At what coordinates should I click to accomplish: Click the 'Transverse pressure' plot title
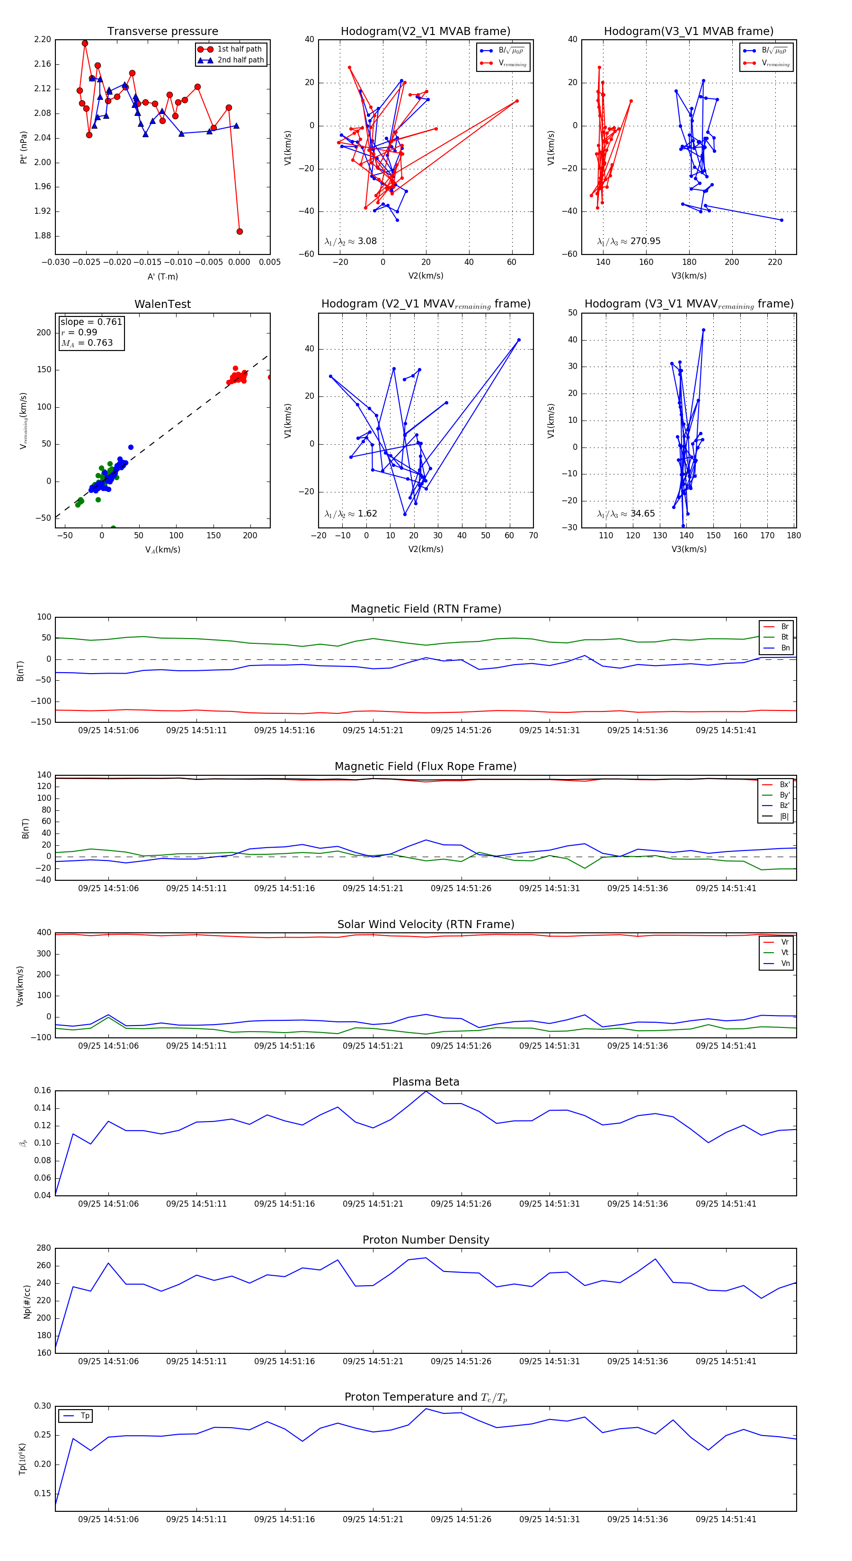click(x=162, y=32)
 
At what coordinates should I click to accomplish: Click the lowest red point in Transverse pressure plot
click(x=240, y=231)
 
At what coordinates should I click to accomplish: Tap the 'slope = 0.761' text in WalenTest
click(x=91, y=322)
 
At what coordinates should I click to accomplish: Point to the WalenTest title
click(x=162, y=304)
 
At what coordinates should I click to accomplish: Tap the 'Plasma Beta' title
click(x=426, y=1082)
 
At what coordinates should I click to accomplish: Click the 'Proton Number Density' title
click(x=426, y=1240)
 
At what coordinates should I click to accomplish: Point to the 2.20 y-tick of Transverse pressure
click(x=43, y=39)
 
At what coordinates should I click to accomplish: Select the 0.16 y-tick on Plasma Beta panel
click(x=43, y=1091)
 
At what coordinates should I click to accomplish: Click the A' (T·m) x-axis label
click(x=162, y=277)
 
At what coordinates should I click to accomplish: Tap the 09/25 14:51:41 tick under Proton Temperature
click(x=726, y=1519)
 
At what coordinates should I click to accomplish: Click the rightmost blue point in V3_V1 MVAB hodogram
click(x=781, y=220)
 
